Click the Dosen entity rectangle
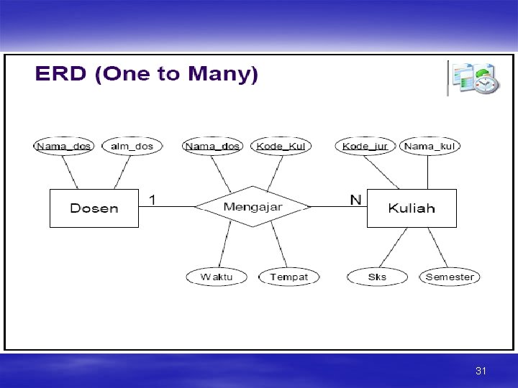(94, 208)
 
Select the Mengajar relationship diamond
(253, 207)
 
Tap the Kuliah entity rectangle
(412, 208)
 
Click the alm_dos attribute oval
(132, 146)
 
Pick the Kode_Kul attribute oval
(281, 146)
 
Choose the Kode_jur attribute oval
(365, 146)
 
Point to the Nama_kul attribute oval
(430, 146)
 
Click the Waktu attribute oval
(217, 277)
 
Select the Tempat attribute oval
(288, 277)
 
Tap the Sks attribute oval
(377, 277)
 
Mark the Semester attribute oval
(450, 277)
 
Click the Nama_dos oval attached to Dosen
(64, 146)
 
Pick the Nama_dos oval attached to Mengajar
(212, 146)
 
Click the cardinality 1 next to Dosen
(153, 198)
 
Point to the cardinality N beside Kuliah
(355, 199)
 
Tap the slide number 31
(481, 371)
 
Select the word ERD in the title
(62, 74)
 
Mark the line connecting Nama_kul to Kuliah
(428, 172)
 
